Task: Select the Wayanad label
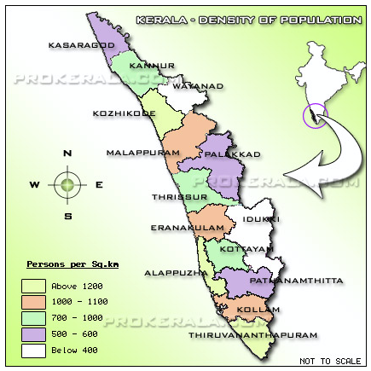198,86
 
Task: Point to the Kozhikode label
125,113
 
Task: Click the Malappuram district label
143,153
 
